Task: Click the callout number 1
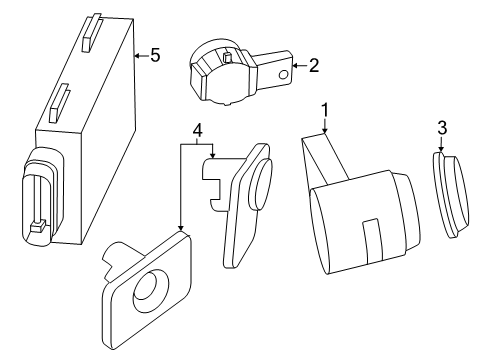[x=324, y=106]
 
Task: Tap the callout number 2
[x=314, y=66]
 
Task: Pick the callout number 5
[x=154, y=54]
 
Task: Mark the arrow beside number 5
[x=139, y=55]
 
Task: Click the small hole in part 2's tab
[x=285, y=73]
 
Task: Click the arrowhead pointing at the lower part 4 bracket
[x=180, y=230]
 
